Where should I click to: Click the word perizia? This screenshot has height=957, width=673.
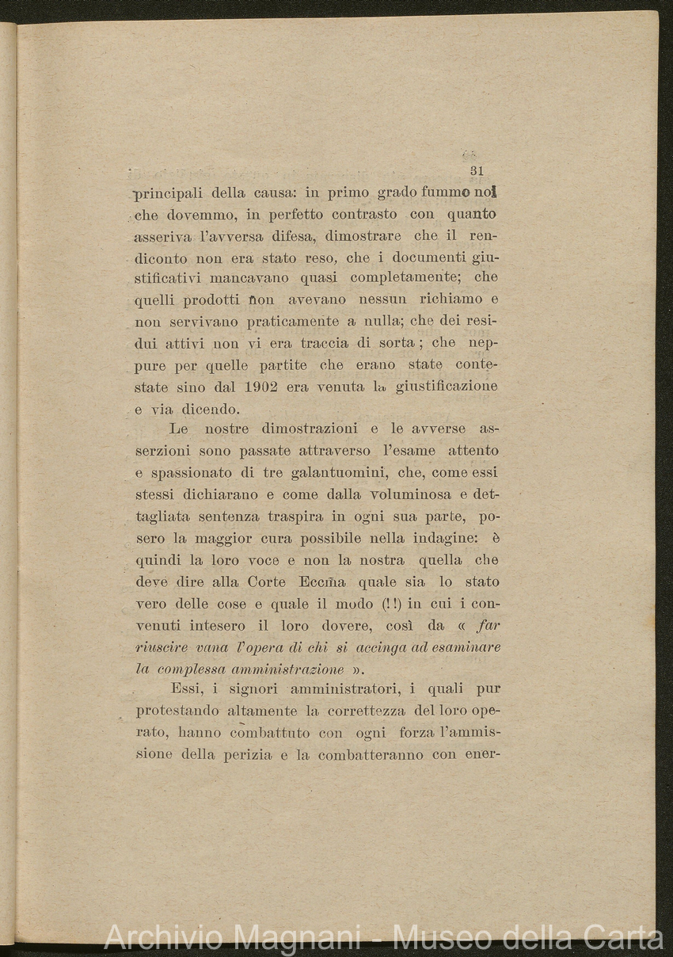pos(240,753)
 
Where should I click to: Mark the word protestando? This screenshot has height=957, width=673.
pos(173,711)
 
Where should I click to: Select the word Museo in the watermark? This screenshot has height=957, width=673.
pos(436,938)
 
